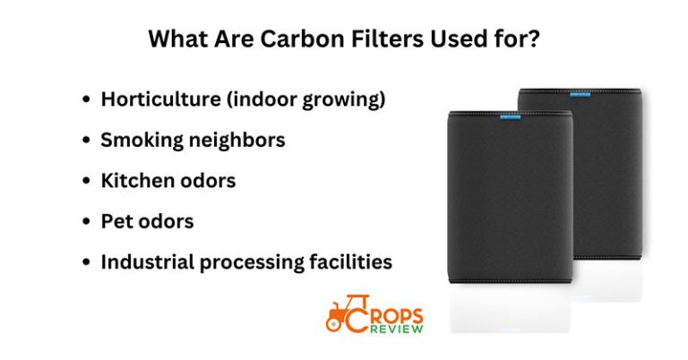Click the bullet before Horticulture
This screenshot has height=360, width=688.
pos(86,100)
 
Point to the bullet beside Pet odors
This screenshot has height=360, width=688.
pos(86,221)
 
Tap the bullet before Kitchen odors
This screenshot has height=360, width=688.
pos(86,181)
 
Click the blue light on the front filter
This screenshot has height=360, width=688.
pos(511,116)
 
